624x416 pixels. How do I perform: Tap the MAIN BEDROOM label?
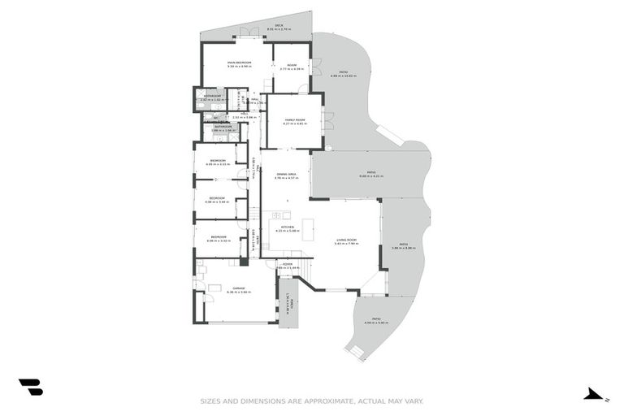[x=238, y=63]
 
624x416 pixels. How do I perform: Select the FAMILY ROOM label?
[x=294, y=119]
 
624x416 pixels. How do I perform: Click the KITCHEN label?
[x=286, y=227]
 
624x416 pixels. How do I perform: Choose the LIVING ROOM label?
[x=347, y=239]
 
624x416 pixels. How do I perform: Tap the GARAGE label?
[x=239, y=288]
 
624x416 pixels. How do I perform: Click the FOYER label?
[x=288, y=264]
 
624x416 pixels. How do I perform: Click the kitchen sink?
[x=276, y=215]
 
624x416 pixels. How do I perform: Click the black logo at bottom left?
[x=31, y=388]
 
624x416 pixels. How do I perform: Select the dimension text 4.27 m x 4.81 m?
[x=294, y=123]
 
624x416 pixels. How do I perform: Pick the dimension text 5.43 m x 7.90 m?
[x=347, y=243]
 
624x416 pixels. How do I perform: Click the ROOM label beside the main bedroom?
[x=291, y=65]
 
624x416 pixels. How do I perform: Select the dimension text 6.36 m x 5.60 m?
[x=239, y=292]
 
